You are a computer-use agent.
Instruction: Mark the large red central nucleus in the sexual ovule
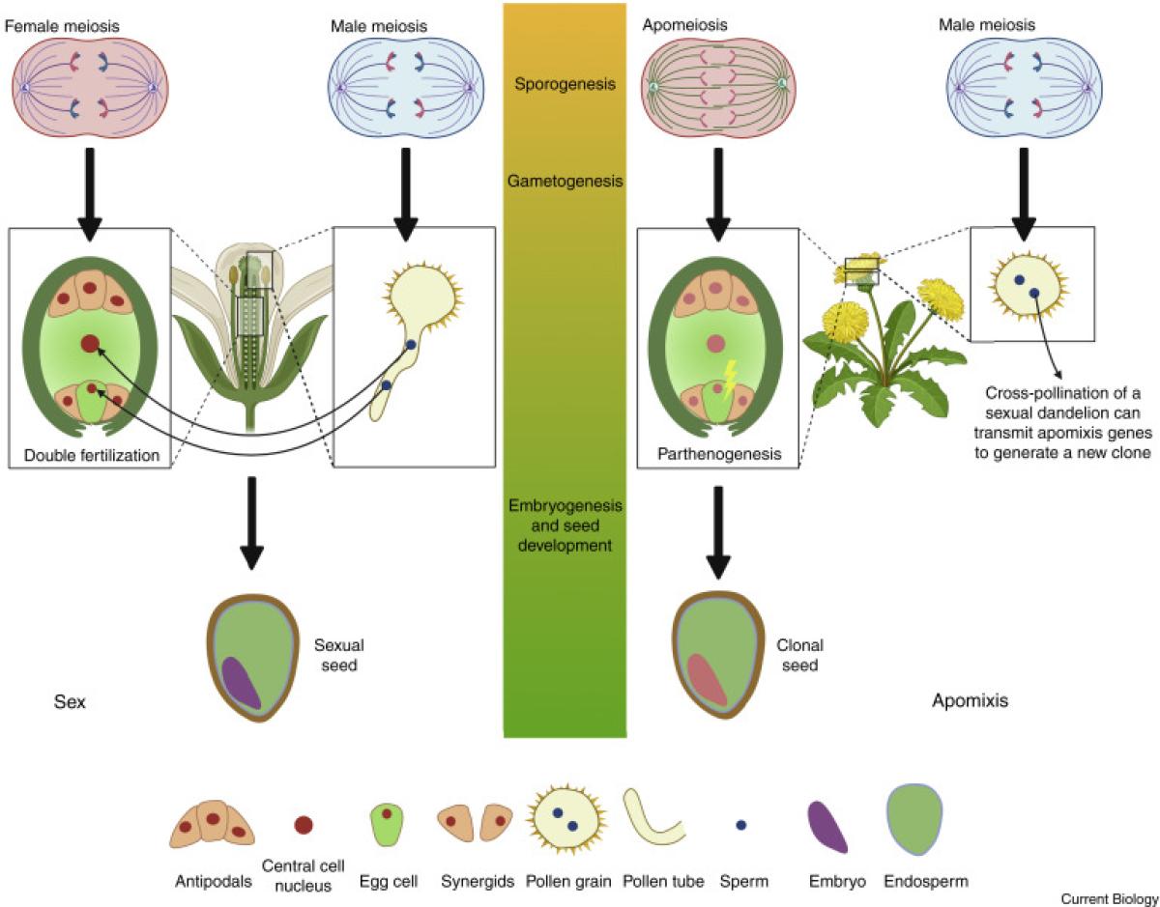click(90, 343)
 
